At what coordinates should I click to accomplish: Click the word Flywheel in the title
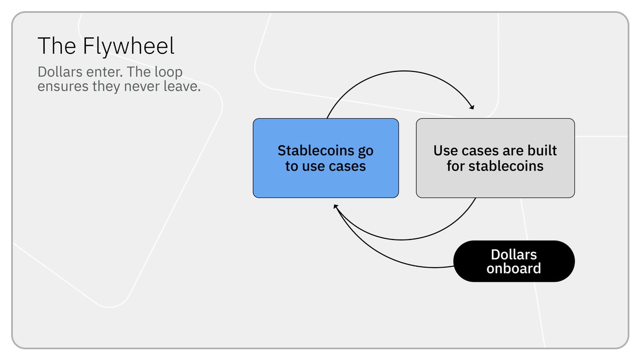tap(129, 47)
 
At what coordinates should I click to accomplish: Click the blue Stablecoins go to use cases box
tap(325, 181)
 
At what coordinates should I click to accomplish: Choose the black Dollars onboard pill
tap(514, 261)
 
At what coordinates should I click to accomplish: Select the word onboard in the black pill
tap(514, 268)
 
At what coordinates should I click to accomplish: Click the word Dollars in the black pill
tap(514, 254)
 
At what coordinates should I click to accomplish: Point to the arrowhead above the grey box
tap(471, 107)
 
